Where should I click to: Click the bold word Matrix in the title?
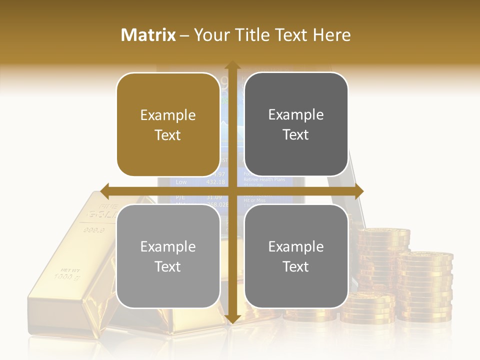(148, 35)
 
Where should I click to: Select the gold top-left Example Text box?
(168, 124)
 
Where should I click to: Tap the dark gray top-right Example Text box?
(296, 124)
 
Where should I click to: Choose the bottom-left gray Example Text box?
(168, 256)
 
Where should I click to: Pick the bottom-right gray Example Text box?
(296, 256)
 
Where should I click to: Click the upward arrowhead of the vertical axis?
(232, 65)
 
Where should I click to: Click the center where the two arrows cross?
(232, 191)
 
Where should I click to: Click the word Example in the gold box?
(168, 115)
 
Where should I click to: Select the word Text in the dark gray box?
(296, 134)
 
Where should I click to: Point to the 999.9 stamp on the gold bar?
(94, 230)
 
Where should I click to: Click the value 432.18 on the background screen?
(215, 182)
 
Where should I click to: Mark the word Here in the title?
(331, 35)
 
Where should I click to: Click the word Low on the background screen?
(181, 182)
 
